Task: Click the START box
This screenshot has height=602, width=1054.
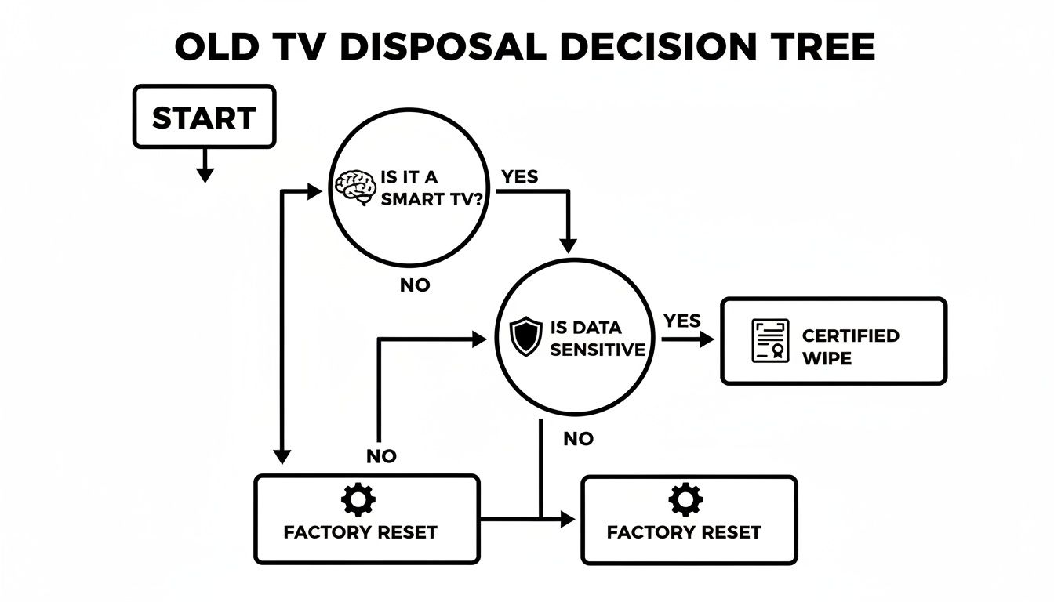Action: pos(204,118)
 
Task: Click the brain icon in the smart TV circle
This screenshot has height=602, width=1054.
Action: pos(355,189)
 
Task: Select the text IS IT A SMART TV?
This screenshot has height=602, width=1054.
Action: pos(431,189)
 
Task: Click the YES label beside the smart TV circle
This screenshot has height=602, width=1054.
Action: pos(520,177)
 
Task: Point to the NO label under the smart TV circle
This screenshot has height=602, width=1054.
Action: pos(415,286)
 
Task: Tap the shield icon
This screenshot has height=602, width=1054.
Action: pos(525,337)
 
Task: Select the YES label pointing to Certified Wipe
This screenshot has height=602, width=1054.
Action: pos(681,321)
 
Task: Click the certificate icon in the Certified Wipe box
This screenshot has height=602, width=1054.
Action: pos(770,341)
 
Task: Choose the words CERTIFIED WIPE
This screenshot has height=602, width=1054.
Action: pos(850,346)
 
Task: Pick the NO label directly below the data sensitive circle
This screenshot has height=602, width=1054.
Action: pos(578,439)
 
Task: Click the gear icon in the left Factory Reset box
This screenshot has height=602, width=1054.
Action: pos(359,499)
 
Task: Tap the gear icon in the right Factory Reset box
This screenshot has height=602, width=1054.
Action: pos(686,499)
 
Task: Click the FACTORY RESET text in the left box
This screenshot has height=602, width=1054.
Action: pos(360,532)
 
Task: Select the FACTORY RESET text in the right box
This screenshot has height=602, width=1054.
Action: pos(684,532)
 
